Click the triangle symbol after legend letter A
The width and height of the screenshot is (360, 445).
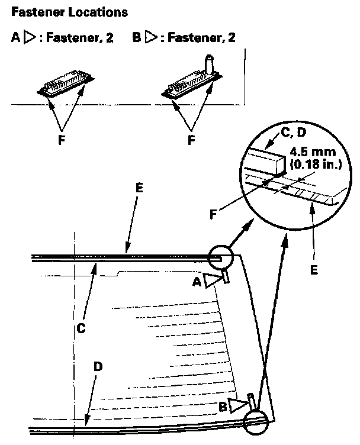31,38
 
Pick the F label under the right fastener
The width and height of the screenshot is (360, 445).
191,141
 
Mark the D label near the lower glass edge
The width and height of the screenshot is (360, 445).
99,366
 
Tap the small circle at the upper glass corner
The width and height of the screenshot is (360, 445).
221,259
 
